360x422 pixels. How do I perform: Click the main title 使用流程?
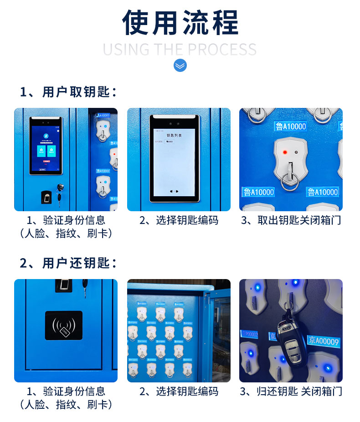(180, 23)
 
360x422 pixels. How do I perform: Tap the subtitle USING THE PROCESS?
(180, 49)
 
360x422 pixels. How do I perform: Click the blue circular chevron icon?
(180, 66)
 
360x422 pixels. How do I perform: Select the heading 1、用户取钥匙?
(68, 92)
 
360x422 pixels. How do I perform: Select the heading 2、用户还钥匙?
(68, 263)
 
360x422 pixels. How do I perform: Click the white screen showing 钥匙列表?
(174, 159)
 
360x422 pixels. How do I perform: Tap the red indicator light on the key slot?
(284, 152)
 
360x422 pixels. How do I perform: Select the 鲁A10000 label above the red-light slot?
(290, 126)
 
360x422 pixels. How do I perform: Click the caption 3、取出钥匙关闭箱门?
(291, 221)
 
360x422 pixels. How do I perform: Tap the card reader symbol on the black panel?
(63, 325)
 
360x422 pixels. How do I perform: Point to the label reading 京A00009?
(324, 340)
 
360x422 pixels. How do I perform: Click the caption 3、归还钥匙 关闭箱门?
(291, 391)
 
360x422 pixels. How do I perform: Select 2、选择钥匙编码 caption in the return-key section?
(179, 391)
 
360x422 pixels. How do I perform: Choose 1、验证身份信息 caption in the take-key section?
(66, 221)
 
